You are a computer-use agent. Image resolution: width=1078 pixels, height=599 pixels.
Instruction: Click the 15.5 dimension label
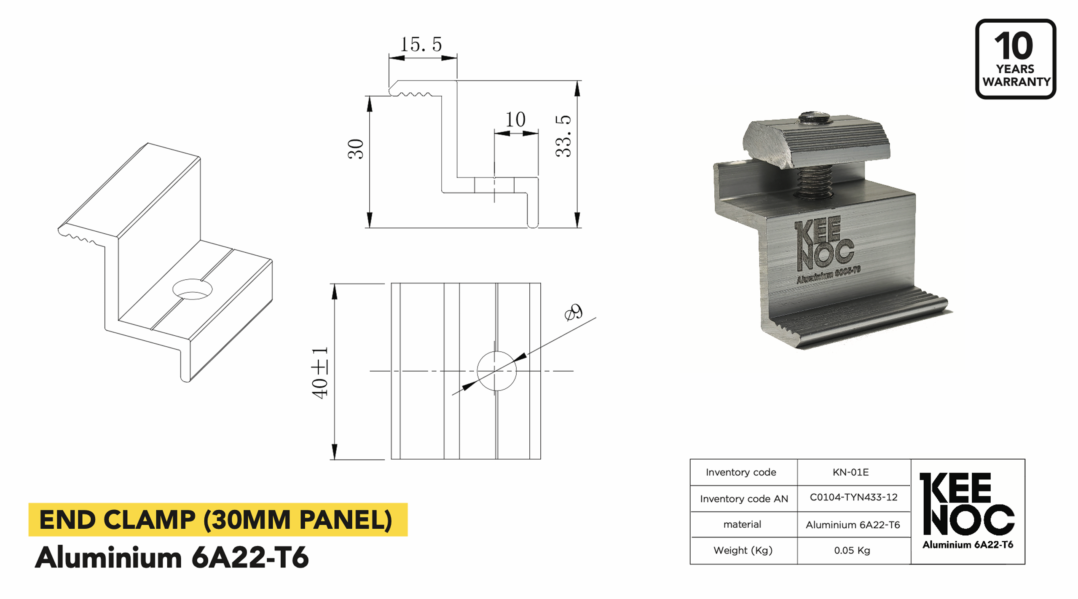[421, 45]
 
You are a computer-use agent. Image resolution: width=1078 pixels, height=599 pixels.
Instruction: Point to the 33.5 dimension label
[563, 136]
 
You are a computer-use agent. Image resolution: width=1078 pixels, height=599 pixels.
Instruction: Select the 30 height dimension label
[356, 149]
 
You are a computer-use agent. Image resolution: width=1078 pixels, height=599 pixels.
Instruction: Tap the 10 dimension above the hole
[515, 120]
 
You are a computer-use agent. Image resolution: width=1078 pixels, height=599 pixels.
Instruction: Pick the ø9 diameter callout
[574, 312]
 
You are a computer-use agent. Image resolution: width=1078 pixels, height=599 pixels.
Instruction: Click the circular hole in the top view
[496, 371]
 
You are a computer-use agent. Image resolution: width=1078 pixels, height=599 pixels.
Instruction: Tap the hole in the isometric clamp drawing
[192, 289]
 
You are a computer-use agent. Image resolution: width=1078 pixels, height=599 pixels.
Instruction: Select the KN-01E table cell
[850, 472]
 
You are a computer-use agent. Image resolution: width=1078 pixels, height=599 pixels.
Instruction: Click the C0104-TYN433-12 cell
[853, 497]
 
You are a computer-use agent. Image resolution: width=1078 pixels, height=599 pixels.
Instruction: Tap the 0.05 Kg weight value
[852, 551]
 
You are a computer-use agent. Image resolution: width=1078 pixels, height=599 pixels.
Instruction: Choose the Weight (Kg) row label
[743, 551]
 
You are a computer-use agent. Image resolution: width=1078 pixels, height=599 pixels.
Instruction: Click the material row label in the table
[742, 524]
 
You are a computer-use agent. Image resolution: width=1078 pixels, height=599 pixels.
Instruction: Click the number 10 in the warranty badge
[1014, 46]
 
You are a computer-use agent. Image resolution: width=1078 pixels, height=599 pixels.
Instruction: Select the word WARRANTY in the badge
[1016, 82]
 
